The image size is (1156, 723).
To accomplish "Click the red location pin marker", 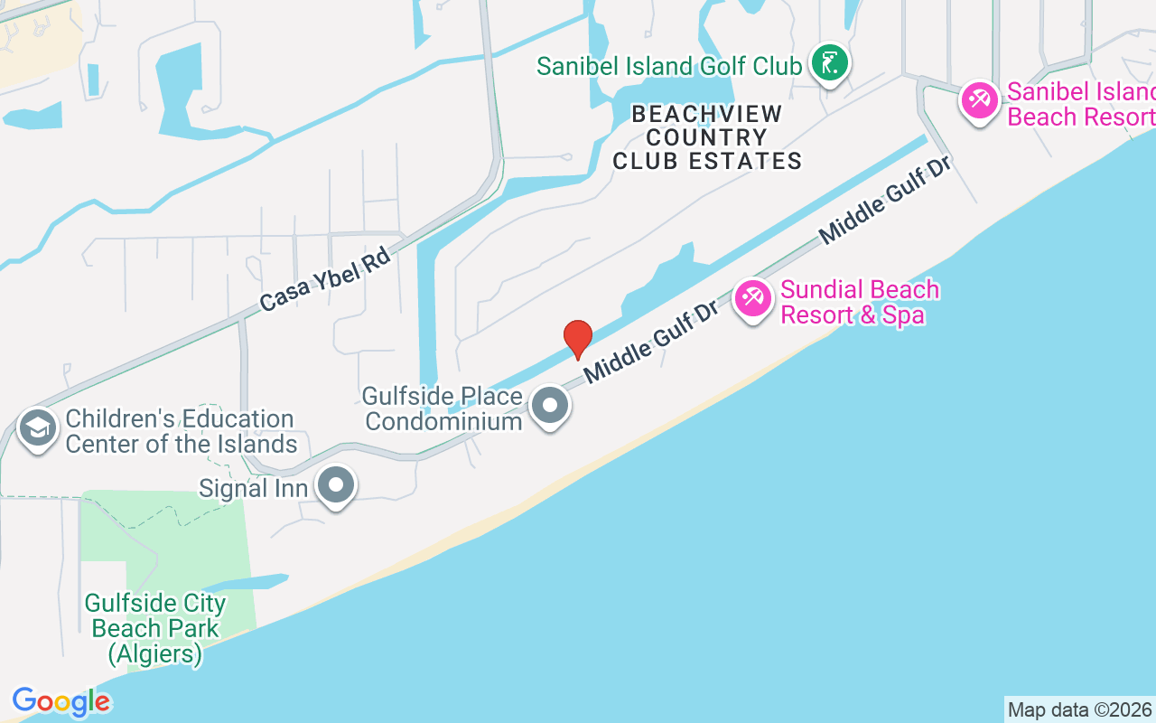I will point(578,339).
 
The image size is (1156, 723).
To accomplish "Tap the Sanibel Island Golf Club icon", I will point(829,64).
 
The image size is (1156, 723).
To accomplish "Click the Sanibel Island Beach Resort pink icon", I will point(979,99).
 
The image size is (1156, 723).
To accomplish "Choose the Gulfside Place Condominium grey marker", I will point(549,407).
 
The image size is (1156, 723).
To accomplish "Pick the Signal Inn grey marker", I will point(337,485).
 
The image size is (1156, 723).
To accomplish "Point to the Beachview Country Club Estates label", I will point(707,137).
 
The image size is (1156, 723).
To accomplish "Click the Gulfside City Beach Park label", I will point(155,628).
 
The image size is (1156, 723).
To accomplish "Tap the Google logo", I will point(61,701).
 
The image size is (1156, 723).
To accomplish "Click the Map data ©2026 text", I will point(1079,709).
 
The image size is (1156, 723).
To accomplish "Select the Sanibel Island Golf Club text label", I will point(669,66).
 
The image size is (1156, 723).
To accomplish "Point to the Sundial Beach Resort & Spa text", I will point(859,302).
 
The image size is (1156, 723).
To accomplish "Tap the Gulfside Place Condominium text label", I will point(443,408).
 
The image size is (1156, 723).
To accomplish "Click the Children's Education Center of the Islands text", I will point(181,431).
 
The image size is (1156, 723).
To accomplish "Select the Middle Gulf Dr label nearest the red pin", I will point(650,342).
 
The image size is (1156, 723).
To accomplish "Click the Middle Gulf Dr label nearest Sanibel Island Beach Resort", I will point(887,202).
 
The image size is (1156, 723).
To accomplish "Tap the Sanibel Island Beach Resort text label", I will point(1080,104).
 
